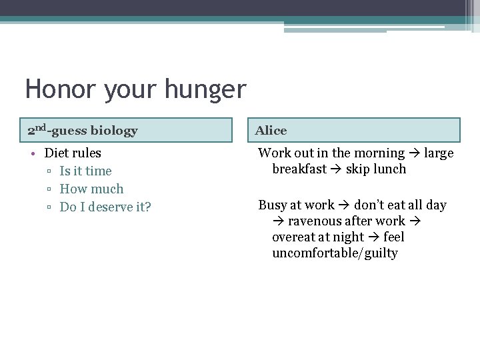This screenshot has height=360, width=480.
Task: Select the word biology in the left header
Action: [x=114, y=131]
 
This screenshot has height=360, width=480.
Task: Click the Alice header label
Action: [x=271, y=131]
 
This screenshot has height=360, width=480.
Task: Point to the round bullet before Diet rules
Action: [x=33, y=153]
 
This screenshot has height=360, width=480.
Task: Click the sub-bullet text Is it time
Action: [x=85, y=171]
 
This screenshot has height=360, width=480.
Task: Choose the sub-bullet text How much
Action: [x=91, y=189]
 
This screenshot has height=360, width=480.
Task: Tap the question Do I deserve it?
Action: [x=105, y=207]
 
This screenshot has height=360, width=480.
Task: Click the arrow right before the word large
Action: [x=415, y=153]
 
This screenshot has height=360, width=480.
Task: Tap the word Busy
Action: [x=272, y=205]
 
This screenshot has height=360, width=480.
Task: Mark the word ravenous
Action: [x=317, y=221]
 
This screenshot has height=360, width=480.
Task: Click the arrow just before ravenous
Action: [x=279, y=221]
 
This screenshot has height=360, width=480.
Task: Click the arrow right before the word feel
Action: [x=374, y=237]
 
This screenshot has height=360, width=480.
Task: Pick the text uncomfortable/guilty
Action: [x=335, y=253]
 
